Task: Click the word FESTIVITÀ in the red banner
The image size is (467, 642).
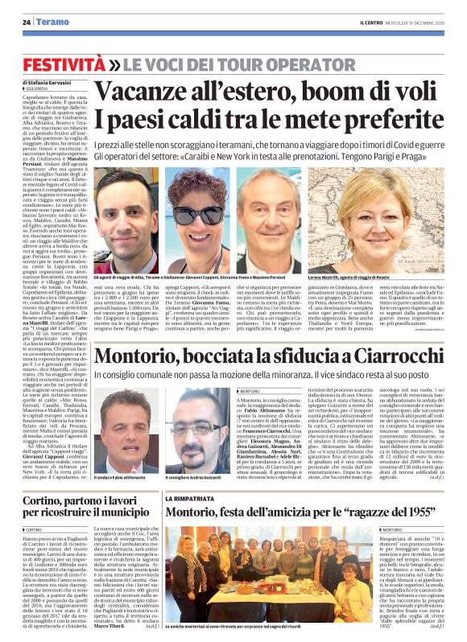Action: point(60,63)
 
